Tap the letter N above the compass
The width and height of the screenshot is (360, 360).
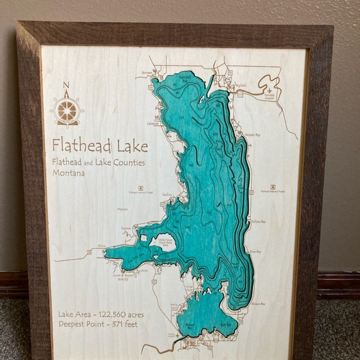point(67,85)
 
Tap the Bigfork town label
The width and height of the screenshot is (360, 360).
point(241,86)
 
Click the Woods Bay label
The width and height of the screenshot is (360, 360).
point(253,136)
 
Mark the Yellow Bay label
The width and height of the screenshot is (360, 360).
point(259,222)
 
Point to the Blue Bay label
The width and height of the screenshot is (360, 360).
point(255,252)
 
